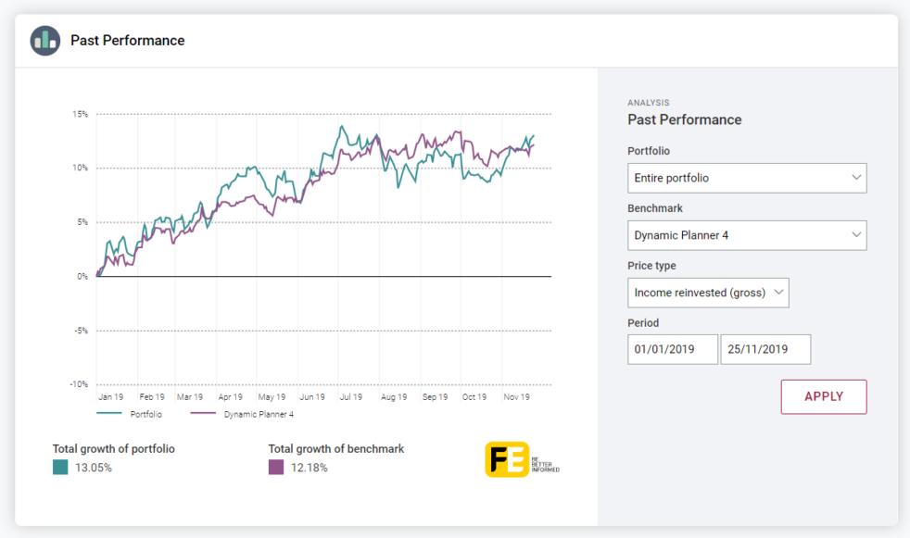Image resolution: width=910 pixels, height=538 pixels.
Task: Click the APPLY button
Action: coord(823,396)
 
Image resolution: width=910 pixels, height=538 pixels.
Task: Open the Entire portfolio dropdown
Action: coord(746,178)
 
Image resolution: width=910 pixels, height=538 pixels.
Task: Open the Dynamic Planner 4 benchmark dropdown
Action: coord(746,235)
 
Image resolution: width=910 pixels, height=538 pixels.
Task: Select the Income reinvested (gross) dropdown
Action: coord(708,293)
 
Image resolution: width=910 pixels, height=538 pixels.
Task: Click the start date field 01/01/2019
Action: coord(672,349)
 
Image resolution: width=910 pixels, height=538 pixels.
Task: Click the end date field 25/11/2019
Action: coord(765,349)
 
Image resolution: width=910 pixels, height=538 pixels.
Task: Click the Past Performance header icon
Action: coord(44,41)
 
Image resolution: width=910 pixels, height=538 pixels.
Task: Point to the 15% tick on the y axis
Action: coord(80,115)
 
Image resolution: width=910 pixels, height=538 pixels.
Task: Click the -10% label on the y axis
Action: coord(79,384)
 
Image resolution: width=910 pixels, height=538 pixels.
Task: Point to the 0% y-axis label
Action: coord(82,276)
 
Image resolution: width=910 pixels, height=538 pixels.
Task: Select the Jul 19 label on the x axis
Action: coord(350,397)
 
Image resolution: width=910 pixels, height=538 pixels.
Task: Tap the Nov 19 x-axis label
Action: coord(516,397)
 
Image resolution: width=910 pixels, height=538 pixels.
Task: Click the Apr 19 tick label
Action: coord(230,397)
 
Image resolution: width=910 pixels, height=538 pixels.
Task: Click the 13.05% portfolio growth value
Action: coord(94,468)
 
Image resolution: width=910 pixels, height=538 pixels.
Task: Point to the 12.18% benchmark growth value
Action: coord(310,468)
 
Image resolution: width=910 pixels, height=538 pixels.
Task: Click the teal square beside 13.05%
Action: coord(60,468)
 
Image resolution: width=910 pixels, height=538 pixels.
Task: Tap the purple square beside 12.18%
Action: coord(276,468)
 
